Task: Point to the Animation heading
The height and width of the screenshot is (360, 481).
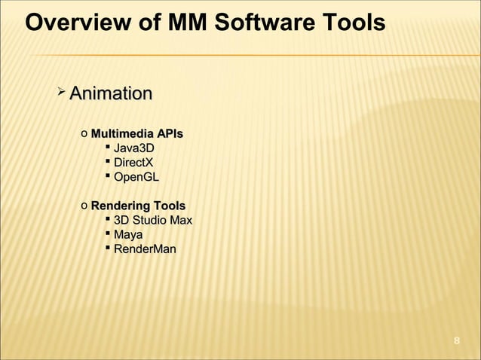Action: click(x=110, y=94)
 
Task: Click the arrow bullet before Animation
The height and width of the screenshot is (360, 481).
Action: click(x=61, y=93)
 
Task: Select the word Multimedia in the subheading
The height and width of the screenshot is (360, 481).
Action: click(x=120, y=134)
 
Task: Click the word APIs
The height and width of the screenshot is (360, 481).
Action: click(x=167, y=134)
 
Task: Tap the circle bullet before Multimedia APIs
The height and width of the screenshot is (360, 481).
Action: click(x=84, y=135)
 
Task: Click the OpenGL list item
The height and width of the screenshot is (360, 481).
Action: click(x=136, y=177)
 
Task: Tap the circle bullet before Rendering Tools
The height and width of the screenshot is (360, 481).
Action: click(x=84, y=206)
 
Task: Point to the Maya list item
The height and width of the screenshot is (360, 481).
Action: click(x=129, y=235)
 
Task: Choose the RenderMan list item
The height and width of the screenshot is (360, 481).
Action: click(x=144, y=249)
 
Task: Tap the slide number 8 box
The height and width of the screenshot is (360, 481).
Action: click(x=456, y=343)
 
